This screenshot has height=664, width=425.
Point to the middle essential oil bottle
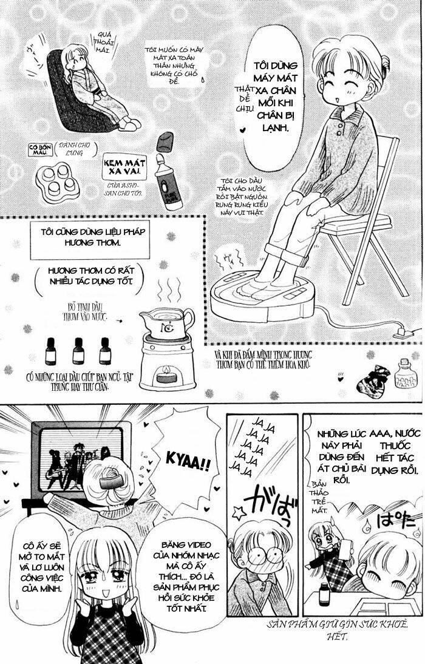click(78, 350)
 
